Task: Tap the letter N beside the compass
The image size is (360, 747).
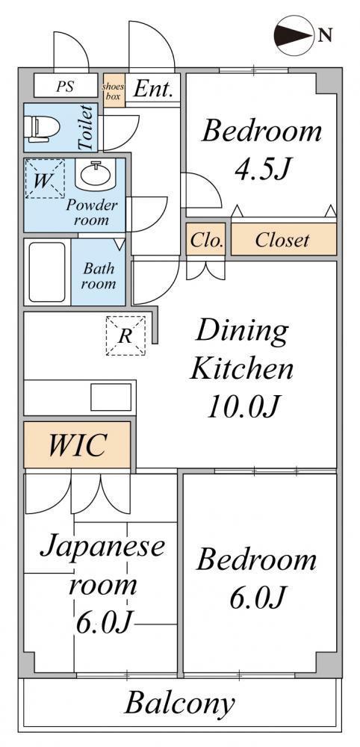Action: point(325,35)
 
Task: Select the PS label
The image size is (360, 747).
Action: point(65,87)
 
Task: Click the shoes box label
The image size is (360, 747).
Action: point(114,90)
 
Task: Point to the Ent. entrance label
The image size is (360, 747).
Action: point(152,89)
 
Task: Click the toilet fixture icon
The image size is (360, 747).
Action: point(44,127)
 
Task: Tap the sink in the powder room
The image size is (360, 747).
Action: point(98,174)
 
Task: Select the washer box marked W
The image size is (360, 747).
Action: point(44,179)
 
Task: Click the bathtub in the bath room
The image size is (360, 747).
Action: point(47,272)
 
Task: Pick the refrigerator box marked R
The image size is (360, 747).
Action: point(125,336)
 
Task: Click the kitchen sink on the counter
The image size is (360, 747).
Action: point(111,397)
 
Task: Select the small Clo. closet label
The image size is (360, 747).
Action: point(206,241)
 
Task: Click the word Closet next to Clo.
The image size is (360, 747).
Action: point(282,240)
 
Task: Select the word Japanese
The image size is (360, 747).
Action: point(103,548)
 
